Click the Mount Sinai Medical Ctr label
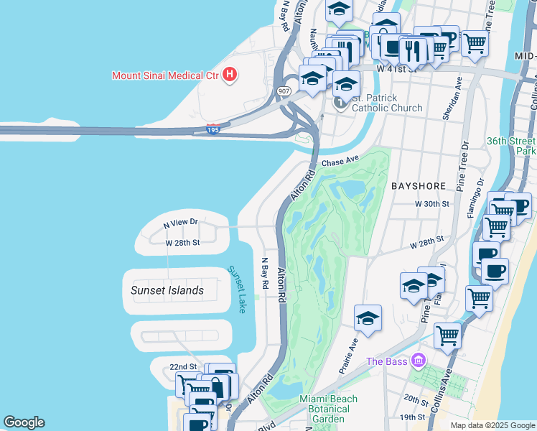165,75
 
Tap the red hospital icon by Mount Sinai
230,73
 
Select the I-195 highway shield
212,129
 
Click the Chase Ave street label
340,163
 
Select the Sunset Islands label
167,290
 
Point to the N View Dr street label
180,223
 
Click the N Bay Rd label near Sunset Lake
264,273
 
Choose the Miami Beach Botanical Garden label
324,409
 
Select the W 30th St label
431,204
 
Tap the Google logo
24,422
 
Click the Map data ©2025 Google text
492,425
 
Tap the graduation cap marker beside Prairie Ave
368,318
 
